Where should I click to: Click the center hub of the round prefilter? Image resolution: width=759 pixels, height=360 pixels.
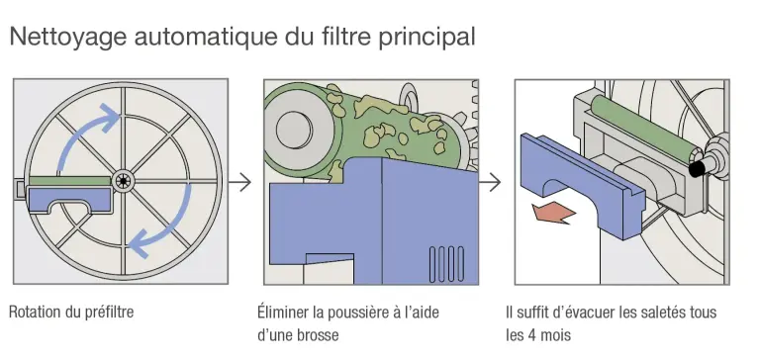(x=124, y=180)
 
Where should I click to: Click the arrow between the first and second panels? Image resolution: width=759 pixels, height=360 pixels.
(x=238, y=182)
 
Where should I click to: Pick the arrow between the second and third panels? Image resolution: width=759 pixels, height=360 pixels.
(x=490, y=182)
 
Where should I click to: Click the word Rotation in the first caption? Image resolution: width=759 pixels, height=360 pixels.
(x=36, y=313)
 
